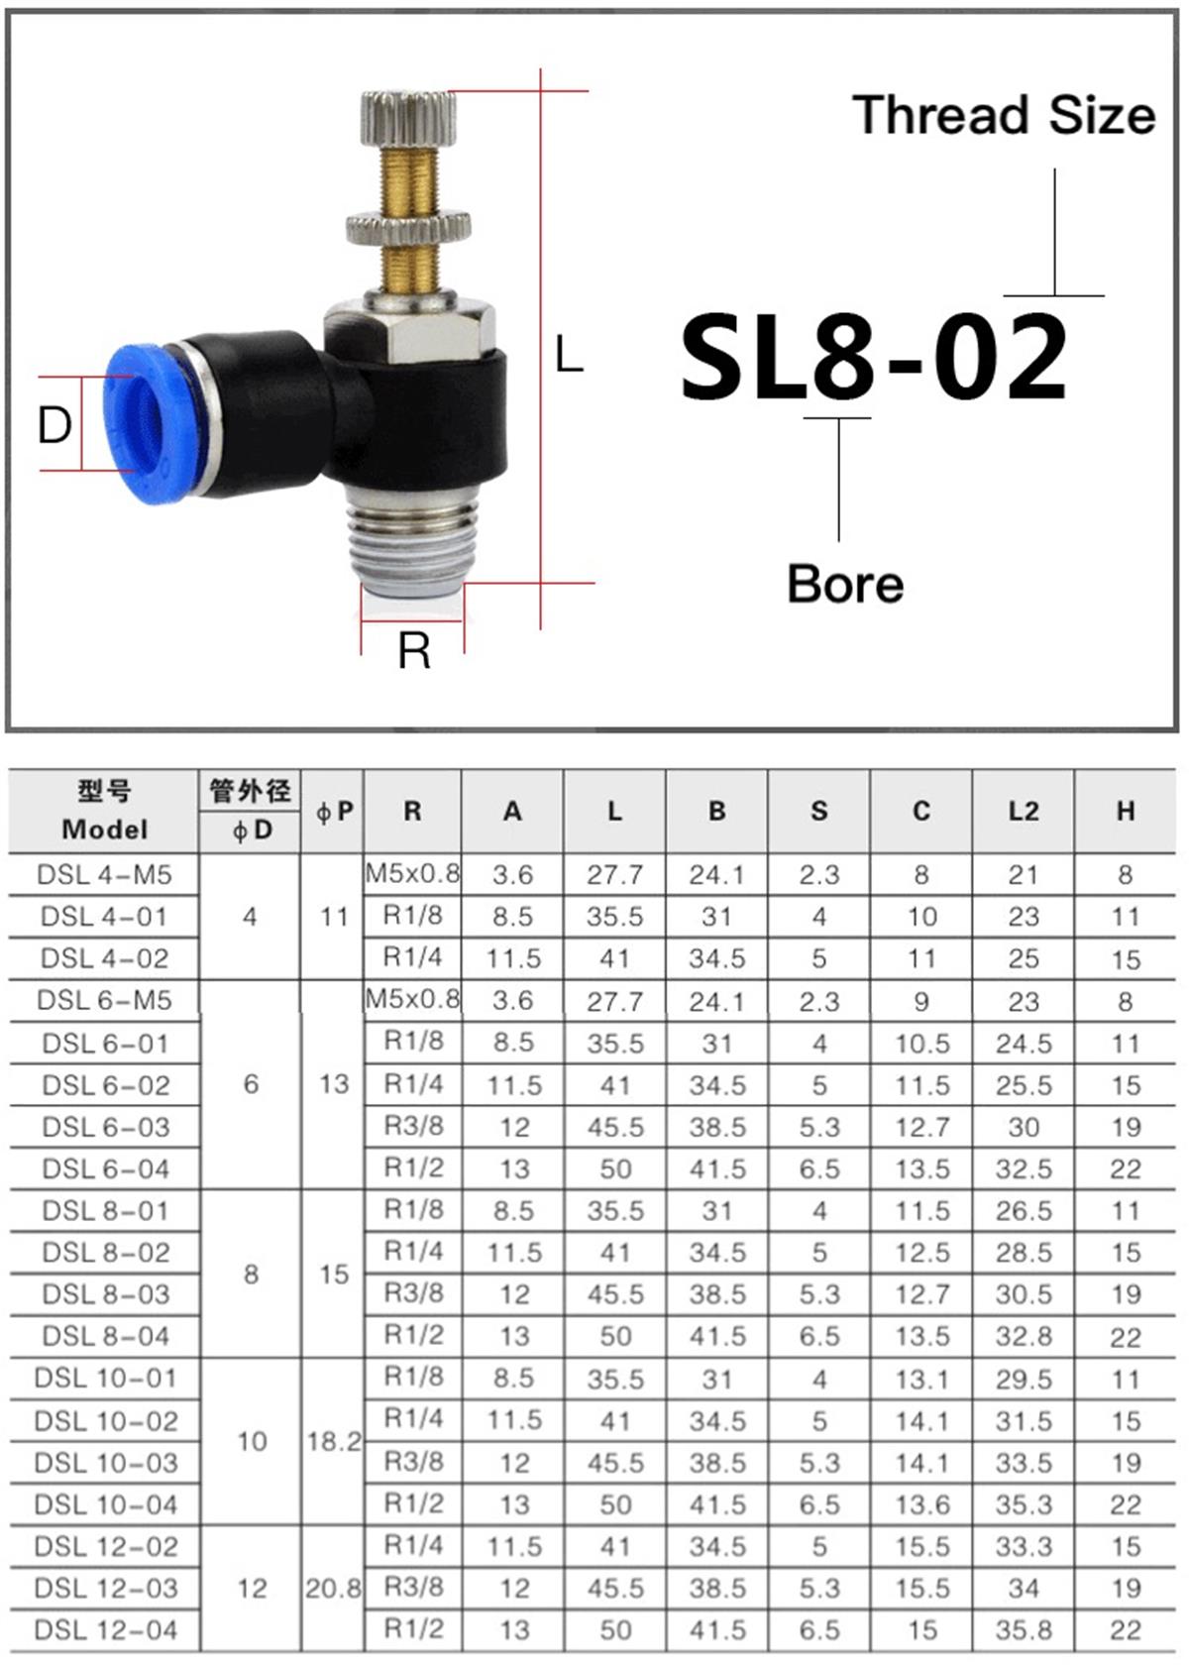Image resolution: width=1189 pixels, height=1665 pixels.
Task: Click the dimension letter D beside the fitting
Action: point(55,426)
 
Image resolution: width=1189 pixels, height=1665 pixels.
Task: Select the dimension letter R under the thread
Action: point(414,650)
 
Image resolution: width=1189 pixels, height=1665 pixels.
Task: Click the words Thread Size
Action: point(1003,116)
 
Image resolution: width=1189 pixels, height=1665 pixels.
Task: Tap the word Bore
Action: point(845,584)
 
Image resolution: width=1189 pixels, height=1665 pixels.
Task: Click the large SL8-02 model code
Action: point(873,357)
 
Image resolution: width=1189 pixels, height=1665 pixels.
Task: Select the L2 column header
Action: point(1023,811)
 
